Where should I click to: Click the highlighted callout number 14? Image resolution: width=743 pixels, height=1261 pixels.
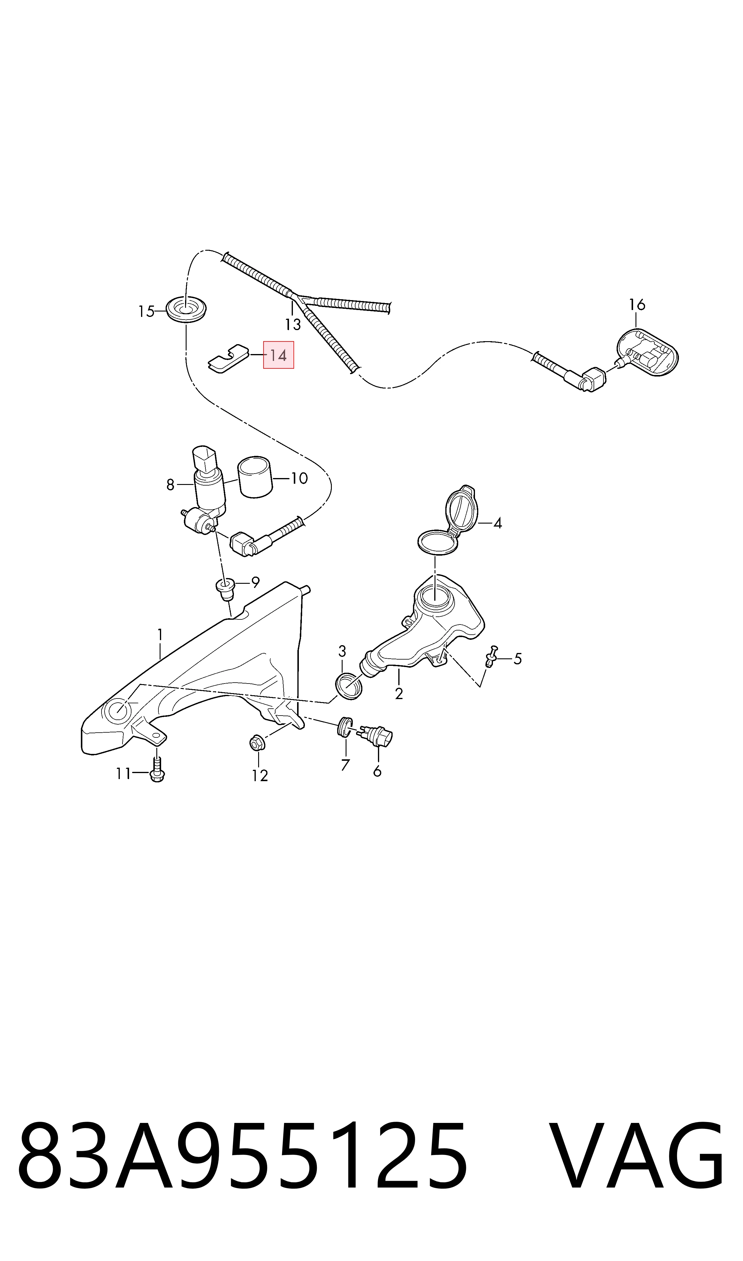click(x=279, y=356)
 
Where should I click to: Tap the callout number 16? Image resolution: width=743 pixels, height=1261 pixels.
click(x=637, y=304)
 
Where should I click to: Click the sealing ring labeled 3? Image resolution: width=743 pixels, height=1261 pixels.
click(x=349, y=686)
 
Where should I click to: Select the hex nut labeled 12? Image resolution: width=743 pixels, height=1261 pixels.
click(x=257, y=743)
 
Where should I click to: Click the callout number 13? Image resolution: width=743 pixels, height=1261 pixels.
click(x=293, y=324)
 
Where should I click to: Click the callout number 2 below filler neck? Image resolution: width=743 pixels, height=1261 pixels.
click(x=399, y=694)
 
